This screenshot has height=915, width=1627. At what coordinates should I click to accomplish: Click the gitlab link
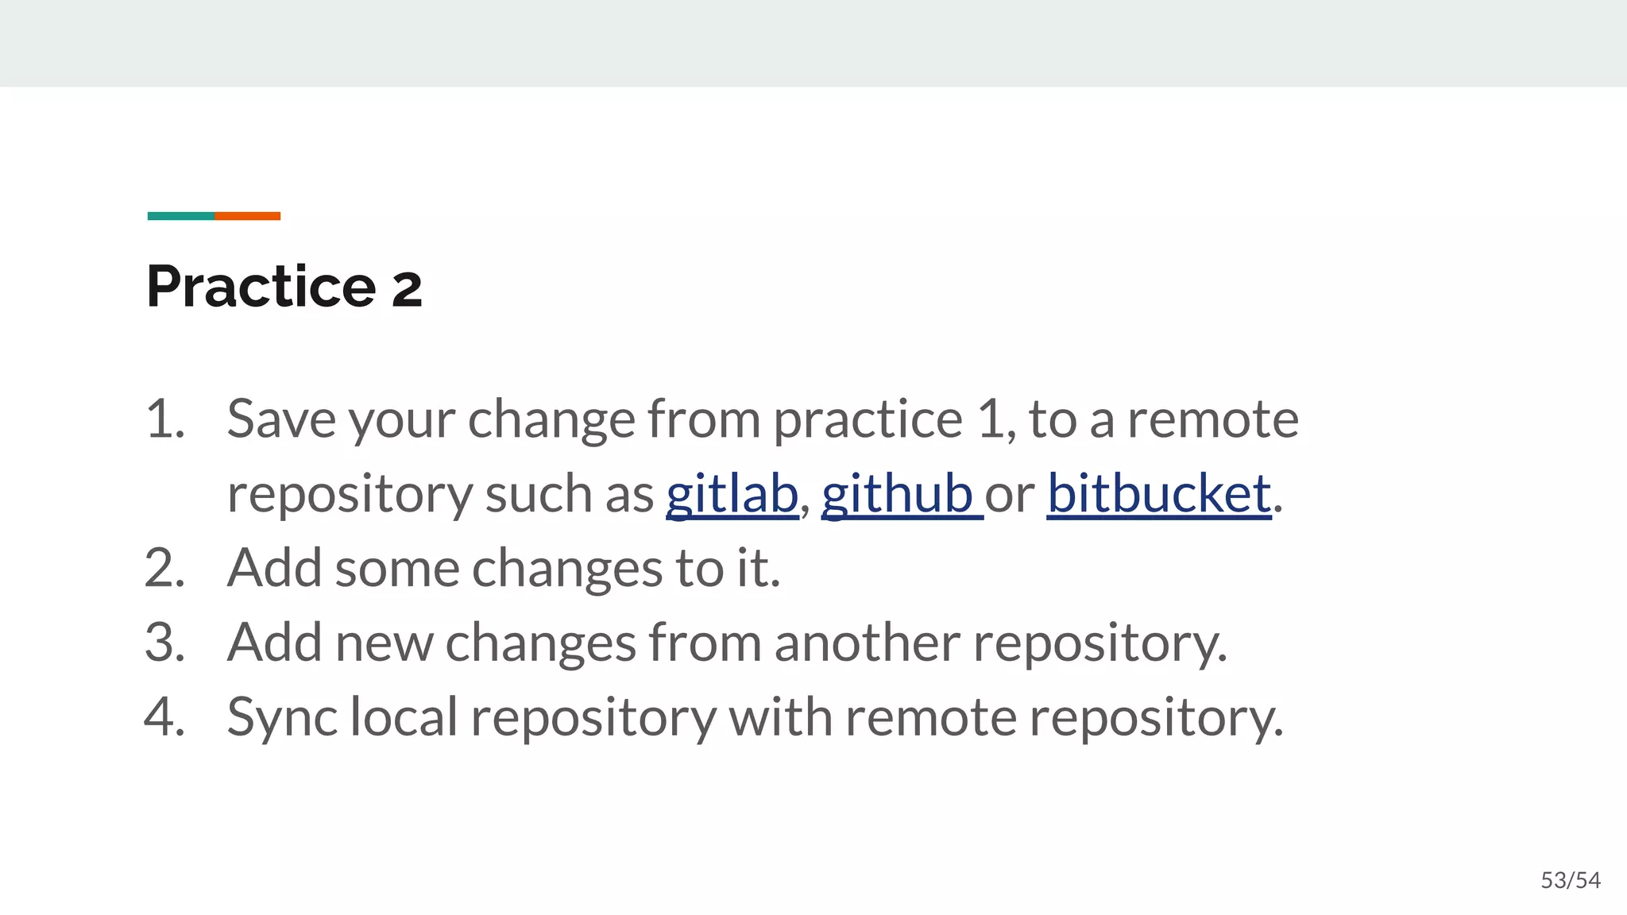(732, 494)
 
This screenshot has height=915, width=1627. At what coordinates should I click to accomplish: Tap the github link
(897, 494)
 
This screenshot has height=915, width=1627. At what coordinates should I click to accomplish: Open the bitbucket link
(1159, 494)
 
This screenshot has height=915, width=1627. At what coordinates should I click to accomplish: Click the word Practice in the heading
(261, 286)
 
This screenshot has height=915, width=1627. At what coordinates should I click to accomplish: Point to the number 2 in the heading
(407, 288)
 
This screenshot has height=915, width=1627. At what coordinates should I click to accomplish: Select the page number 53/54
(1571, 880)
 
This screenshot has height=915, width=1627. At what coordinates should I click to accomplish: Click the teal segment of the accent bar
(180, 216)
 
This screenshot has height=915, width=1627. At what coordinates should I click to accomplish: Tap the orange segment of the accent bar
(247, 216)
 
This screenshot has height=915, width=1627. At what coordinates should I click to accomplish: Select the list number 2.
(165, 569)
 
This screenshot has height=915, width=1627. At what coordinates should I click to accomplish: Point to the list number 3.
(165, 643)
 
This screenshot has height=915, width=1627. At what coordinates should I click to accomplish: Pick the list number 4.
(165, 717)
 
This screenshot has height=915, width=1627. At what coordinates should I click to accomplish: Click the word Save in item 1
(281, 419)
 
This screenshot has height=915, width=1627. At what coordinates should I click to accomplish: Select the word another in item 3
(868, 643)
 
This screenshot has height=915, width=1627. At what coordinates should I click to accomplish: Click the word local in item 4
(404, 717)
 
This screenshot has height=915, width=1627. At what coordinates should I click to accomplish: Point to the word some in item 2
(397, 569)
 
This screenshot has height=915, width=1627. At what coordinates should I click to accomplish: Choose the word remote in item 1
(1212, 419)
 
